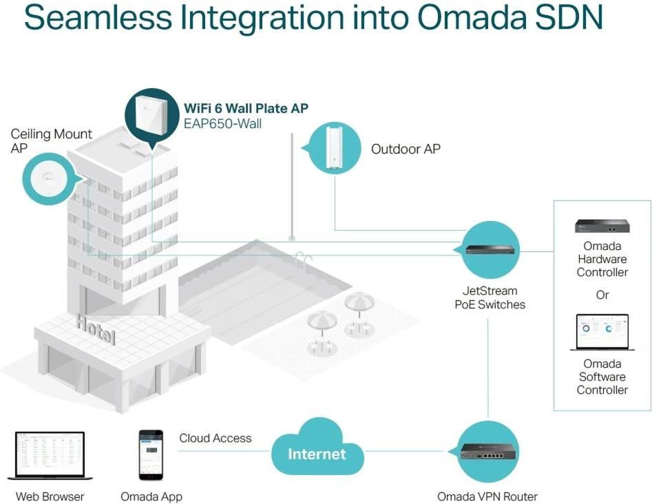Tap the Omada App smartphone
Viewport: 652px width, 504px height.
[151, 454]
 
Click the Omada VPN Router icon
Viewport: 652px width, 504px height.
[488, 452]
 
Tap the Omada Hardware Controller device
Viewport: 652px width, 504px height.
[602, 226]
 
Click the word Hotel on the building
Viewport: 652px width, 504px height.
[95, 330]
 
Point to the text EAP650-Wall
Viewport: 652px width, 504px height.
[222, 124]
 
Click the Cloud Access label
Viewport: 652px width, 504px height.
[215, 438]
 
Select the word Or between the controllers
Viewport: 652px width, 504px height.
[602, 295]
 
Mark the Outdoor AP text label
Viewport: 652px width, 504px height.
[406, 149]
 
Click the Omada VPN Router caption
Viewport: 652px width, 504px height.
[487, 496]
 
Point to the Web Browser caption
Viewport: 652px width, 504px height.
[50, 496]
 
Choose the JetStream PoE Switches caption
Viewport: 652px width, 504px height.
[490, 297]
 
